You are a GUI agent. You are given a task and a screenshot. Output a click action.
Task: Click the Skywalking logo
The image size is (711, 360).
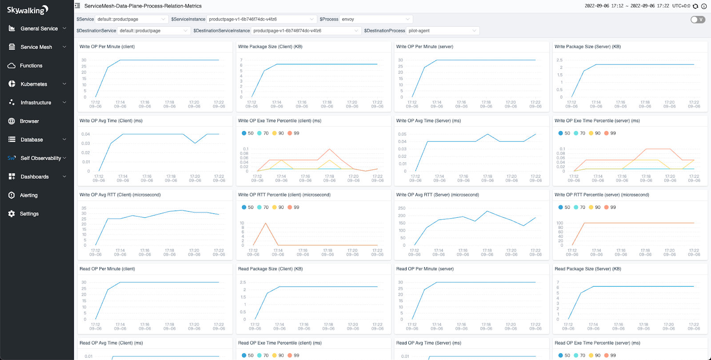(x=28, y=9)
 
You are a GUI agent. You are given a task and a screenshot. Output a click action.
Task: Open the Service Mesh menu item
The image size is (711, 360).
(x=36, y=47)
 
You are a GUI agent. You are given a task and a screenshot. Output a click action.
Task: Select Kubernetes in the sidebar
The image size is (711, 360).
(x=34, y=84)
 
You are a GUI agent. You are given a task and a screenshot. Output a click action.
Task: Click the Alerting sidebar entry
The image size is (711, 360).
(x=28, y=195)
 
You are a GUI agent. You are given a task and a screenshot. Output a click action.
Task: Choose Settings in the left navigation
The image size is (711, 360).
(x=29, y=214)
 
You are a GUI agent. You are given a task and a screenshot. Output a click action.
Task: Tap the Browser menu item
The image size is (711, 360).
(x=29, y=121)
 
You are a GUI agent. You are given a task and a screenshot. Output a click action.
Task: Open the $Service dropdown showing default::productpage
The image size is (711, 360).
(x=132, y=19)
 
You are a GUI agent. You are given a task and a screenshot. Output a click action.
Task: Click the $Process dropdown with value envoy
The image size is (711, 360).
(x=375, y=19)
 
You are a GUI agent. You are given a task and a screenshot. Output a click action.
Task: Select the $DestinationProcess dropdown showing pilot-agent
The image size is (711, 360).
(x=442, y=31)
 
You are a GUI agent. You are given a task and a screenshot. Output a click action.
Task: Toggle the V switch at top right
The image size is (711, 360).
(x=698, y=20)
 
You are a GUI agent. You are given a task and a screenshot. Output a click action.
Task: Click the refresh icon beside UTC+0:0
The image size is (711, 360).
(x=695, y=6)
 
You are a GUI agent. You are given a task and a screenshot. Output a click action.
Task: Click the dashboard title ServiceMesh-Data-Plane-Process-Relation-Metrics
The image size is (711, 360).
(x=143, y=6)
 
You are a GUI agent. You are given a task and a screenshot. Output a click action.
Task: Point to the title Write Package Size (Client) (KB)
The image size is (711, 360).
(x=270, y=47)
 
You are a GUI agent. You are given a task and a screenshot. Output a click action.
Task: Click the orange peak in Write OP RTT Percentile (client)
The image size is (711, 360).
(x=266, y=223)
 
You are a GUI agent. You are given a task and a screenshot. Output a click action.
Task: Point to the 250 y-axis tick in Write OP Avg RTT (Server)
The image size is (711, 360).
(x=402, y=208)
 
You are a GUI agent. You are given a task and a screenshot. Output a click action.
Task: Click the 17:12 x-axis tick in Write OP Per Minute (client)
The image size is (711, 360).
(x=95, y=102)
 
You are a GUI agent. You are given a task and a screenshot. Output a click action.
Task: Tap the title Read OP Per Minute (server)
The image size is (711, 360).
(x=424, y=269)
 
